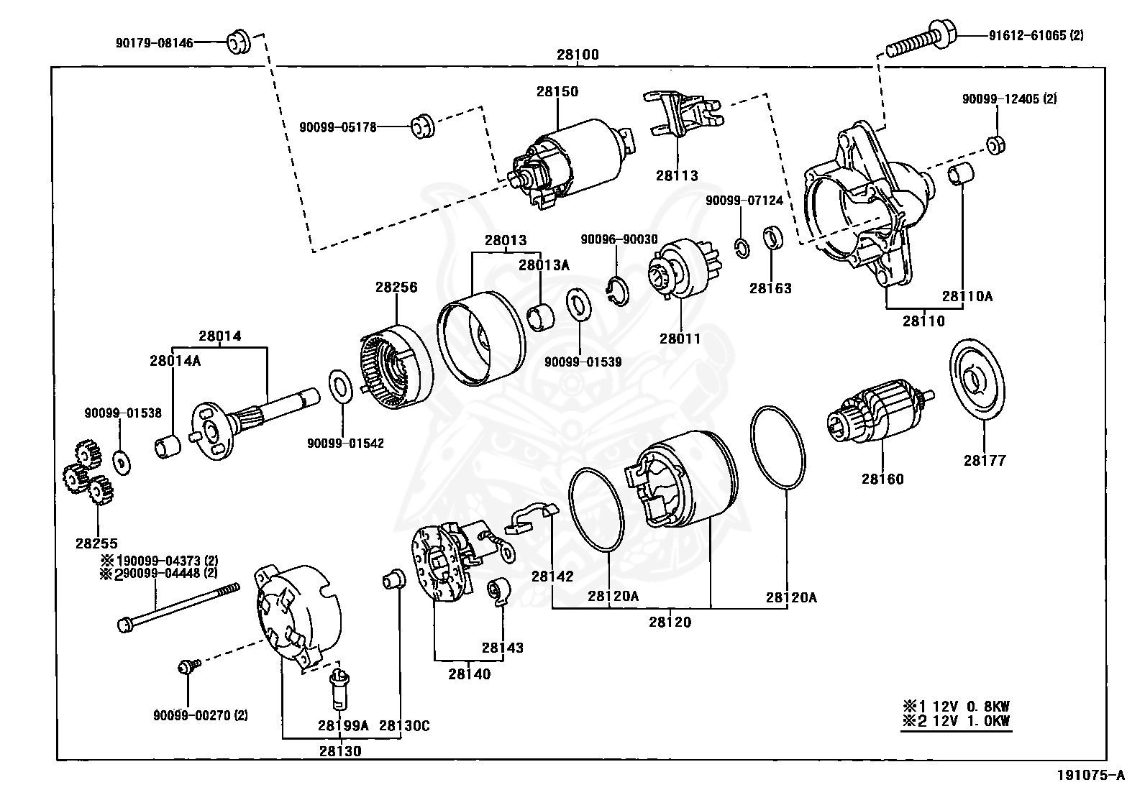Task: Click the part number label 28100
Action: (x=577, y=55)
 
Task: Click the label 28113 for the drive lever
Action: (x=677, y=175)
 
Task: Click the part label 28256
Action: (x=396, y=287)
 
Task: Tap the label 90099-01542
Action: (x=345, y=444)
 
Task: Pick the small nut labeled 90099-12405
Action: (x=995, y=144)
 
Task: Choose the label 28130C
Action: (x=404, y=726)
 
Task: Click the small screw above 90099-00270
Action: (x=186, y=668)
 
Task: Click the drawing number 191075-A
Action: (x=1090, y=776)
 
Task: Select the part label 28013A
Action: (x=544, y=265)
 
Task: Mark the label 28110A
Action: (x=967, y=295)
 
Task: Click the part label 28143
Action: (x=503, y=648)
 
